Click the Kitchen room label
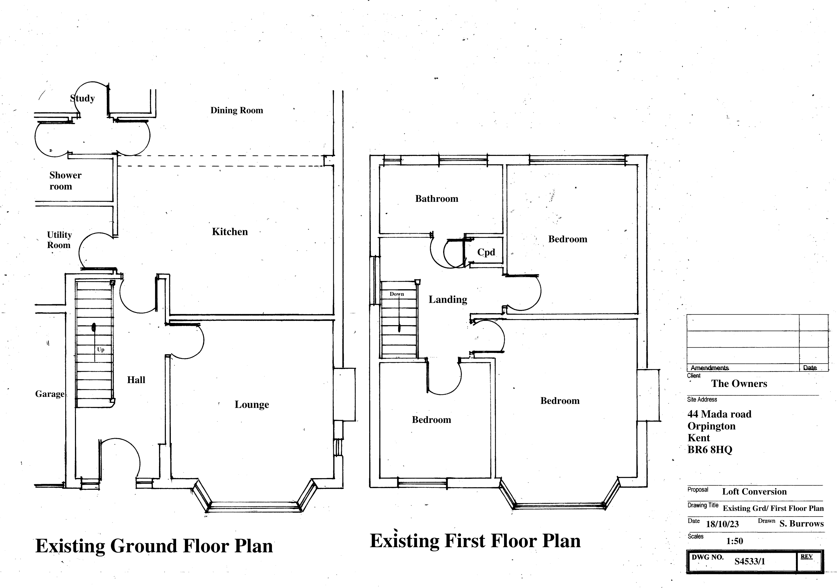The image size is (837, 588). point(230,232)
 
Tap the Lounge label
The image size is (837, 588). point(252,405)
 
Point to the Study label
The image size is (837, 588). point(82,98)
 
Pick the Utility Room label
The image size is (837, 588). point(59,240)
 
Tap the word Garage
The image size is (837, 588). point(50,394)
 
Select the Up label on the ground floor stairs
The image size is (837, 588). point(101,350)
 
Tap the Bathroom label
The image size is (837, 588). point(436,199)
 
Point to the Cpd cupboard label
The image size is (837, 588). point(486,252)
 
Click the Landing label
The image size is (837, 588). point(448,300)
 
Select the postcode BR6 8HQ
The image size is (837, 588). point(709,450)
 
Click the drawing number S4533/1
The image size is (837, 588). point(749,561)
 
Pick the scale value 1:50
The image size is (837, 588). point(734,541)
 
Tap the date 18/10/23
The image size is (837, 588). point(722,524)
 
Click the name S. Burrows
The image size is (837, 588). point(801,524)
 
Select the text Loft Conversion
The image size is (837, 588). point(754,492)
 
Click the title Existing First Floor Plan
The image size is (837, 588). point(475,541)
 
